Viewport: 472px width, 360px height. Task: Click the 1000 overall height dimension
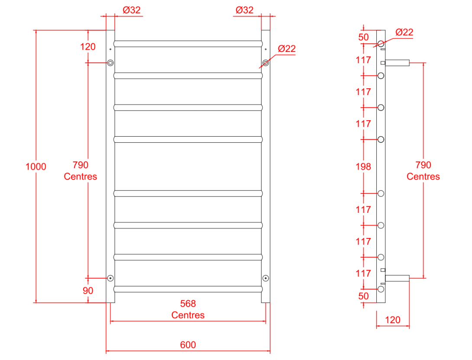36,167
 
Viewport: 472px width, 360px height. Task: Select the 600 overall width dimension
188,345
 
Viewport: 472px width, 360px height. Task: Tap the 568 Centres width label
188,309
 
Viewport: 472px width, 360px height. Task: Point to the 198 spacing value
363,167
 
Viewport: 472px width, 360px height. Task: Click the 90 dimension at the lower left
88,291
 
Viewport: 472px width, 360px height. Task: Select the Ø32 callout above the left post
132,10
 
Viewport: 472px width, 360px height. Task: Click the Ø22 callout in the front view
287,48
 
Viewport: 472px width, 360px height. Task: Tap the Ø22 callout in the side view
404,32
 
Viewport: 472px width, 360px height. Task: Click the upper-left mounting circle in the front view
110,63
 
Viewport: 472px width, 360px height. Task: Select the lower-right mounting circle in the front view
265,278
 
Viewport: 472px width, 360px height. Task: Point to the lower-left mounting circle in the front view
110,278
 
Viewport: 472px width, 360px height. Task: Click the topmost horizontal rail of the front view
188,43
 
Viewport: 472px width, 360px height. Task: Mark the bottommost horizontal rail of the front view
188,289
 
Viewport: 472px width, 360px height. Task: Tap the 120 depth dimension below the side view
392,320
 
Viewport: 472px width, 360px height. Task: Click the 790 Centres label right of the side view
423,170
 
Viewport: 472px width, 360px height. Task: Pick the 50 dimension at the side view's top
364,37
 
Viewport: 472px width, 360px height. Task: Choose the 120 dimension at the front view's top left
88,46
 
